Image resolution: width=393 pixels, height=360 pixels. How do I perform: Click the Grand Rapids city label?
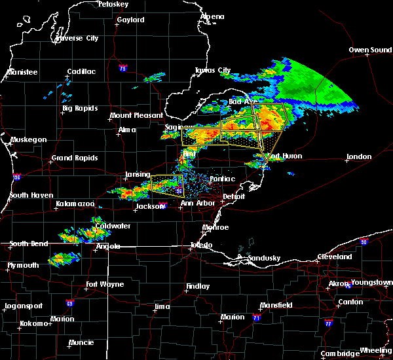tap(75, 158)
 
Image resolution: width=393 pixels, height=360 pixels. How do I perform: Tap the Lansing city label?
tap(138, 174)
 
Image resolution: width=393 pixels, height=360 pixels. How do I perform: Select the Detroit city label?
tap(233, 196)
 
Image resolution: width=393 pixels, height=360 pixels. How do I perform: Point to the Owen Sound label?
tap(369, 50)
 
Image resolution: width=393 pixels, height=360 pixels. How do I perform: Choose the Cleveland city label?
tap(335, 257)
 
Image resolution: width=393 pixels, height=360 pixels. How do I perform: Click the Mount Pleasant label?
tap(136, 115)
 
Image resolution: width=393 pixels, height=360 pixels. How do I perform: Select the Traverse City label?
tap(77, 38)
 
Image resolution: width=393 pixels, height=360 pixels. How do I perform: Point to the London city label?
tap(359, 157)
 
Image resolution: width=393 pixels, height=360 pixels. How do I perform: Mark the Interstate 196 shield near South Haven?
tap(16, 177)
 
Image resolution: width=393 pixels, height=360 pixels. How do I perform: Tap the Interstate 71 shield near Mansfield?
tap(256, 317)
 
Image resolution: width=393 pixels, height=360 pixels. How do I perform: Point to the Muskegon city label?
tap(29, 139)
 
